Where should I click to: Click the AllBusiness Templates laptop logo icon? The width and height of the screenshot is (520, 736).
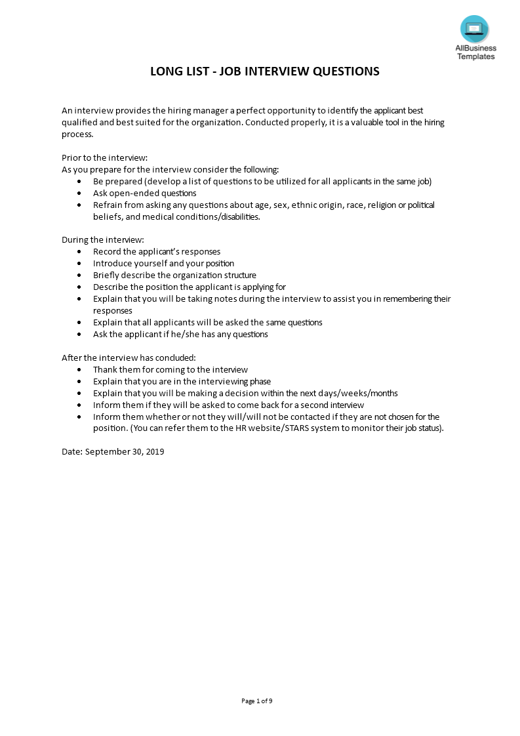click(x=474, y=29)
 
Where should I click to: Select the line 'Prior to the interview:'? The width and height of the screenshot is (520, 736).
click(x=105, y=157)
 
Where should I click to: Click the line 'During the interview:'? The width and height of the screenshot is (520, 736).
click(x=103, y=239)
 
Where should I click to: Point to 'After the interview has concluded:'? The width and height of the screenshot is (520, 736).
click(x=129, y=358)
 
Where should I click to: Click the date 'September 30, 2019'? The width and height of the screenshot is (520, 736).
click(x=125, y=452)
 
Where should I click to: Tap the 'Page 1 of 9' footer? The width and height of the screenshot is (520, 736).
click(x=257, y=701)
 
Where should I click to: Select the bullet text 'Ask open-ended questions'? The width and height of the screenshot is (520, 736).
click(x=144, y=193)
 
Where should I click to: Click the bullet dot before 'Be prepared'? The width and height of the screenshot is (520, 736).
click(x=79, y=182)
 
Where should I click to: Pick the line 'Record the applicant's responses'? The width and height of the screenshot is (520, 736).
click(x=157, y=251)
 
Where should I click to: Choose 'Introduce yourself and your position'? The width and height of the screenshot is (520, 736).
click(x=163, y=263)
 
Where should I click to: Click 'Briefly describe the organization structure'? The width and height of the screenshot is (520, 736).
click(x=174, y=275)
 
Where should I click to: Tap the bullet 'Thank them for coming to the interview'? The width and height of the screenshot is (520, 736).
click(x=170, y=369)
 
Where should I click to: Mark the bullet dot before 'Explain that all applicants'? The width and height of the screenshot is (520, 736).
click(x=79, y=323)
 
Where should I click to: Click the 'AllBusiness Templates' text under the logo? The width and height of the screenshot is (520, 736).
click(x=476, y=52)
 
